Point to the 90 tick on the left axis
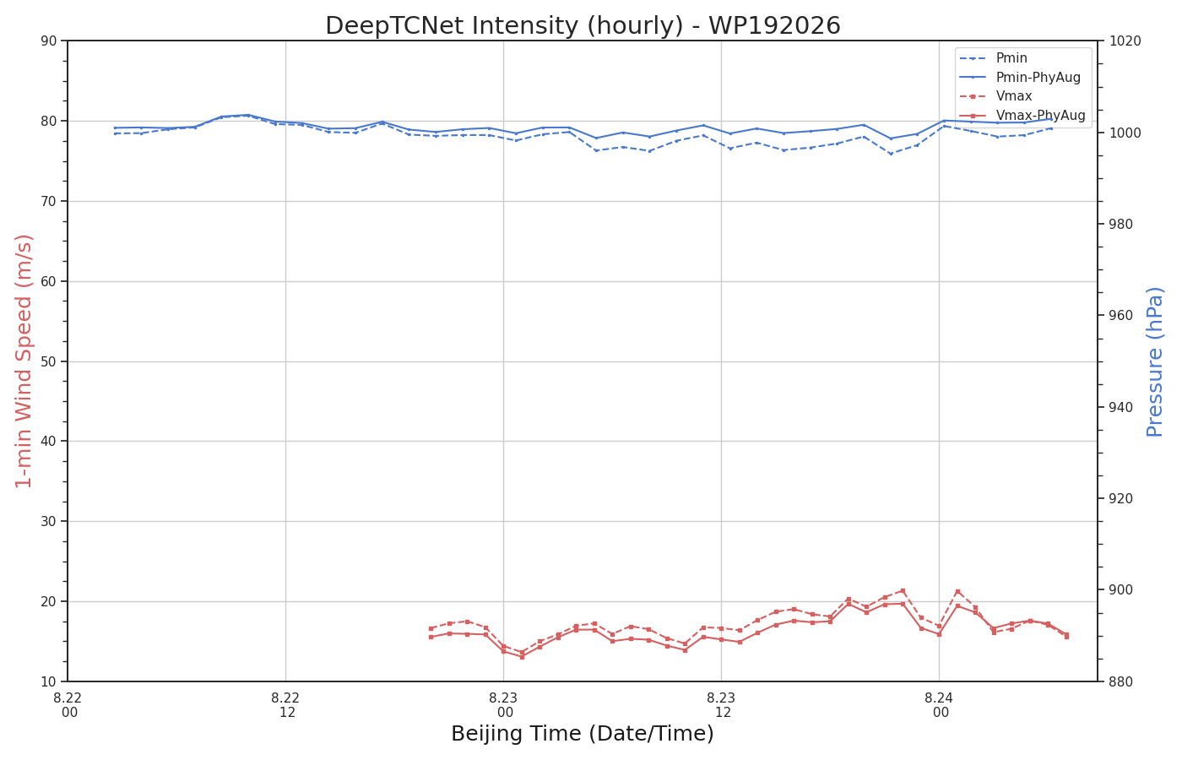tap(49, 41)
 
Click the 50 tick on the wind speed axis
tap(49, 361)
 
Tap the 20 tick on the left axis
tap(49, 601)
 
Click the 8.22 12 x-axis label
tap(285, 705)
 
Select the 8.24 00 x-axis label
tap(939, 705)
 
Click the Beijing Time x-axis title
tap(583, 734)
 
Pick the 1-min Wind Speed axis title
tap(24, 361)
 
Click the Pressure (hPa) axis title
tap(1155, 362)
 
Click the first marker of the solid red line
tap(431, 637)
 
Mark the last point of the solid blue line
tap(1052, 119)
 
